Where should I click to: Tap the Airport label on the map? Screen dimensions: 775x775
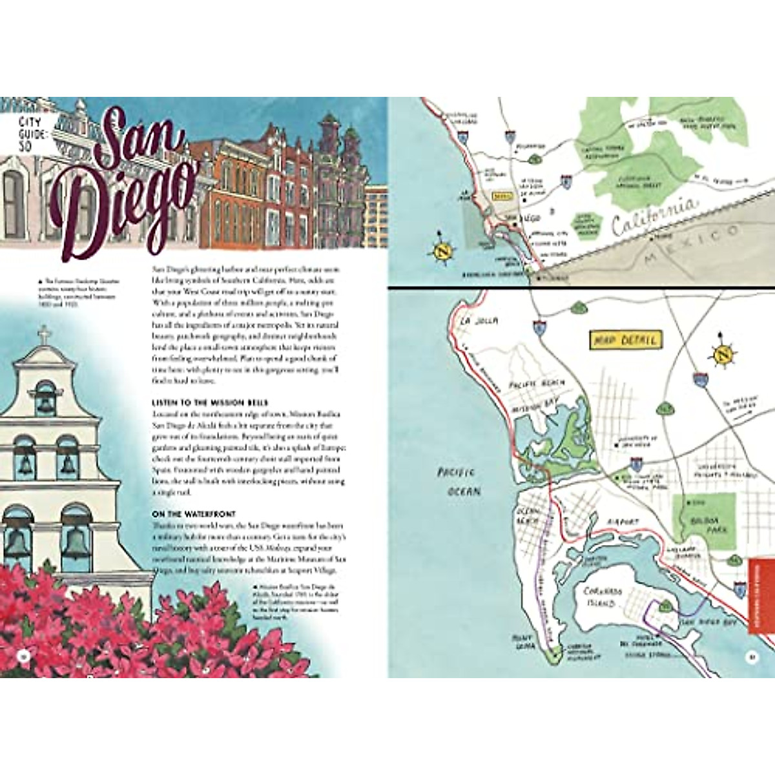[x=623, y=521]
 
